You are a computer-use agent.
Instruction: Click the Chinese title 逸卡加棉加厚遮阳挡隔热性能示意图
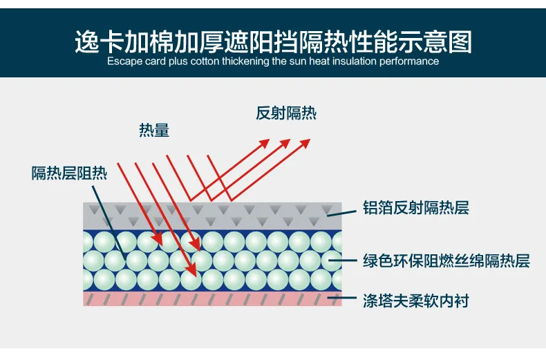point(274,41)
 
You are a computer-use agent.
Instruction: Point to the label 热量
point(154,130)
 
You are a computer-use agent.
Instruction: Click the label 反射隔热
point(286,113)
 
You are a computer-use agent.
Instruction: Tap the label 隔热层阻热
point(69,173)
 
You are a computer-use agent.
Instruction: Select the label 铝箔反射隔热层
point(416,208)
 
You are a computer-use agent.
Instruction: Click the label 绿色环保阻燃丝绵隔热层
point(446,260)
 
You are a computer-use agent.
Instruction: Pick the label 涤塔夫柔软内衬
point(416,301)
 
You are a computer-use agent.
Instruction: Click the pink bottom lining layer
point(212,299)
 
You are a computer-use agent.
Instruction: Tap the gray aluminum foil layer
point(212,216)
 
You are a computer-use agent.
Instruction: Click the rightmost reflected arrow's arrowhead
point(305,143)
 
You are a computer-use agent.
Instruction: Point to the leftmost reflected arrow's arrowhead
point(264,143)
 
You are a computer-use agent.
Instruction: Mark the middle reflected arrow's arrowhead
point(285,143)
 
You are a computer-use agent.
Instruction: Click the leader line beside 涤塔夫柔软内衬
point(342,298)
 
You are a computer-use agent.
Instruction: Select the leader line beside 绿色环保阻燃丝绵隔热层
point(343,260)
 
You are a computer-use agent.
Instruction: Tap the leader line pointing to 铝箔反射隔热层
point(341,213)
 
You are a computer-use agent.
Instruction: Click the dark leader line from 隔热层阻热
point(109,222)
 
